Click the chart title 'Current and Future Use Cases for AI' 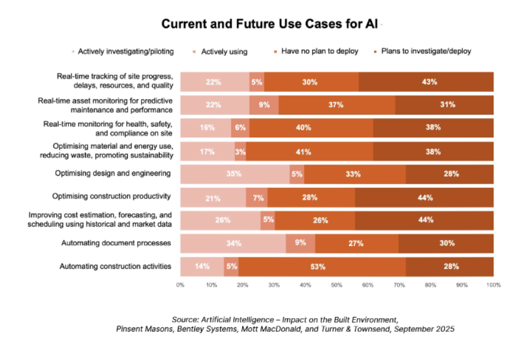(x=272, y=25)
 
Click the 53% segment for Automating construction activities (x=322, y=266)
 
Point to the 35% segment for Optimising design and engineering (x=235, y=174)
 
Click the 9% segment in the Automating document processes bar (x=300, y=244)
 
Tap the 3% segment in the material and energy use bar (x=240, y=151)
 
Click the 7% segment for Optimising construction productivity (x=257, y=197)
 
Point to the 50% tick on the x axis (x=337, y=285)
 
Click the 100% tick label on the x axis (x=493, y=285)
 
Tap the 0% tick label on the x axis (x=180, y=285)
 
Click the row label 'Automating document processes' (x=117, y=243)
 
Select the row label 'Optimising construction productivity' (x=112, y=196)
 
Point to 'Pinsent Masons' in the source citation (x=142, y=329)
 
